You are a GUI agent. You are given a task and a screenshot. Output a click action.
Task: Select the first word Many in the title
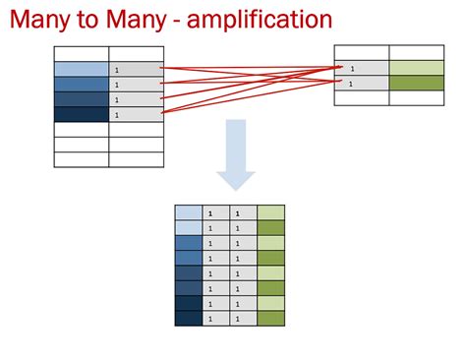pos(41,20)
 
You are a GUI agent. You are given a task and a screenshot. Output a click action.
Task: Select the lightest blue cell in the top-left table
pos(81,70)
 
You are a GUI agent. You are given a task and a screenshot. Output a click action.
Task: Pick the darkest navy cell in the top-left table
pos(81,114)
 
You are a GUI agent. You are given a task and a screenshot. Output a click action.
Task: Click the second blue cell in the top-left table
pos(81,85)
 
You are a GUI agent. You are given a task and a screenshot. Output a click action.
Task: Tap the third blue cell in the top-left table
pos(81,99)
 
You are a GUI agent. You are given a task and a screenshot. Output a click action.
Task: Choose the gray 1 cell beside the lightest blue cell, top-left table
pos(136,70)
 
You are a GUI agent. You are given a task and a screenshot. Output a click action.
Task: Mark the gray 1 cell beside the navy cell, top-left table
pos(136,114)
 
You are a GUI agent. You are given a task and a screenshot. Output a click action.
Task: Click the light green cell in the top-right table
pos(417,68)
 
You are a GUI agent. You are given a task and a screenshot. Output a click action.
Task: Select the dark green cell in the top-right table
pos(417,83)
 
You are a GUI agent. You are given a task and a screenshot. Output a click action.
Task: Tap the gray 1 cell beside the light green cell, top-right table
pos(362,68)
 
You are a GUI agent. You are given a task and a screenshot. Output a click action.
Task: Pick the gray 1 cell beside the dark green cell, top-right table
pos(362,83)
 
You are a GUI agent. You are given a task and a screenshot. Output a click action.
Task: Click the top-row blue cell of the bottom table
pos(187,212)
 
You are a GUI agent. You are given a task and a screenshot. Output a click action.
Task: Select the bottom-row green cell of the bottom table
pos(270,318)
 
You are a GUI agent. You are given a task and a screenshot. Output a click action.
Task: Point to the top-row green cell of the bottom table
pos(270,212)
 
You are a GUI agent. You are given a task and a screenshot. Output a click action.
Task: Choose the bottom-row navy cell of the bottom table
pos(187,318)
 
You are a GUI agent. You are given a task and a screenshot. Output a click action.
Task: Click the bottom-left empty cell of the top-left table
pos(81,158)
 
